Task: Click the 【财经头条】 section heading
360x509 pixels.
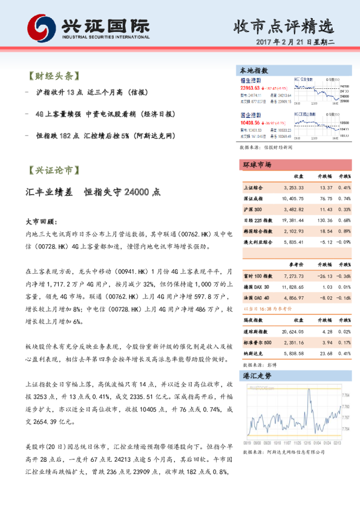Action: tap(53, 77)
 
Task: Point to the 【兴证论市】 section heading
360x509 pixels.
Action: tap(53, 171)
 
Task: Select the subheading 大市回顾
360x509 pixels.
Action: tap(41, 222)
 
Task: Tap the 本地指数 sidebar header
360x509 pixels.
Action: tap(254, 70)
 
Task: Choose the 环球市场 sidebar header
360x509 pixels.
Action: tap(257, 165)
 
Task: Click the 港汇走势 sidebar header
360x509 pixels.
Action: tap(257, 375)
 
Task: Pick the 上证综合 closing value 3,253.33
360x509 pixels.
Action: tap(293, 188)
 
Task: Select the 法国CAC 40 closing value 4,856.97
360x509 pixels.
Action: tap(293, 298)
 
